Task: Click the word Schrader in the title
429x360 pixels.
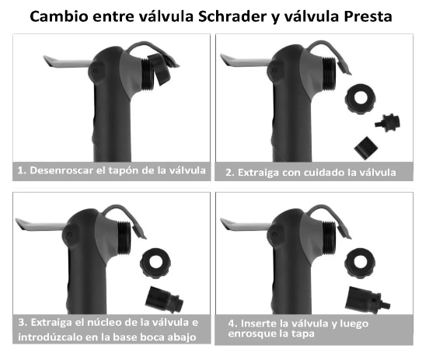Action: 232,16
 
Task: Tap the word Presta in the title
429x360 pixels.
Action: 368,16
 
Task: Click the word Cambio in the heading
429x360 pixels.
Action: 59,16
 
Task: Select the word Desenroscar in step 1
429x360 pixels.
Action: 61,170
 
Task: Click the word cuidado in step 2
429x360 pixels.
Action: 312,173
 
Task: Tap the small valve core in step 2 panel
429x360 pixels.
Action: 388,123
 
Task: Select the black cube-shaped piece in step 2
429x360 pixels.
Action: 366,148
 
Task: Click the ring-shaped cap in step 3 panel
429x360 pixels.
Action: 155,264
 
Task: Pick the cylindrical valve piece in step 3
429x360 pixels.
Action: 164,300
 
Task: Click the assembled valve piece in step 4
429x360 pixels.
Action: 367,300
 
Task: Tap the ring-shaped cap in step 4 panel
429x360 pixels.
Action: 360,263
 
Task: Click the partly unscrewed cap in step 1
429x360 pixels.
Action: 159,69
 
